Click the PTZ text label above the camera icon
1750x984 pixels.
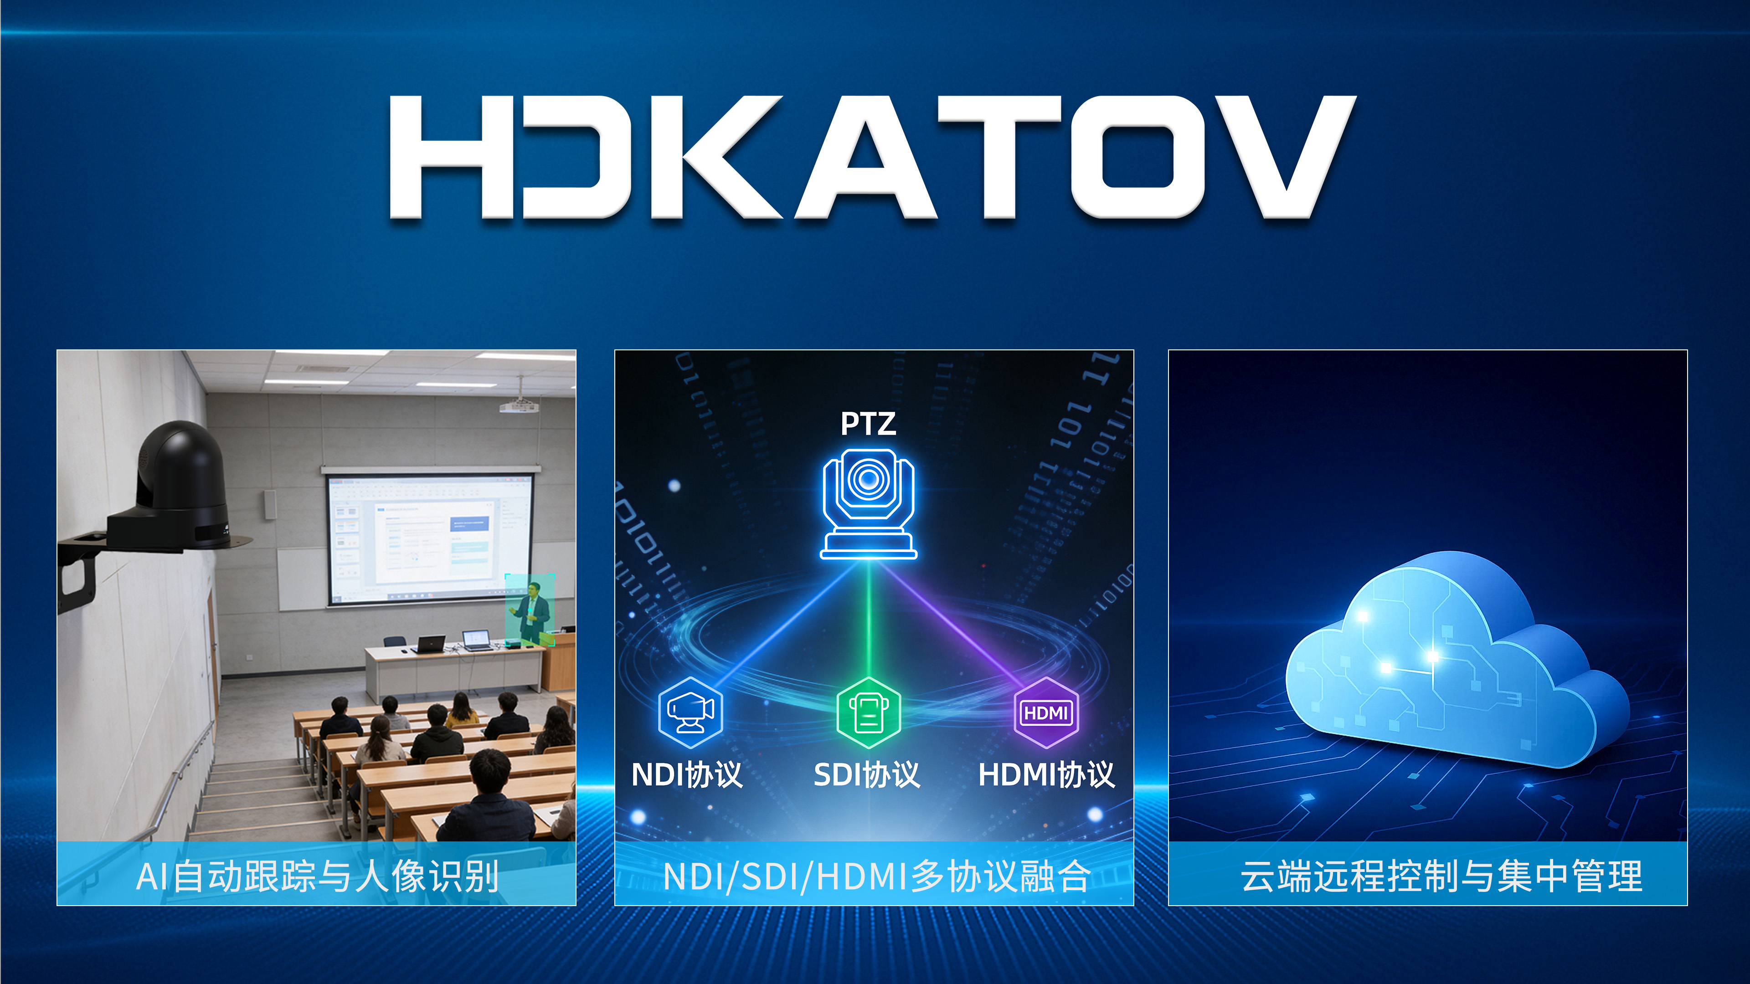point(868,424)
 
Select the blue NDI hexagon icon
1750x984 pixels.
point(690,712)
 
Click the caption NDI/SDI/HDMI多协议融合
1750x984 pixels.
point(876,876)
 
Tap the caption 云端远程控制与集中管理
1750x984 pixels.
point(1441,876)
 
